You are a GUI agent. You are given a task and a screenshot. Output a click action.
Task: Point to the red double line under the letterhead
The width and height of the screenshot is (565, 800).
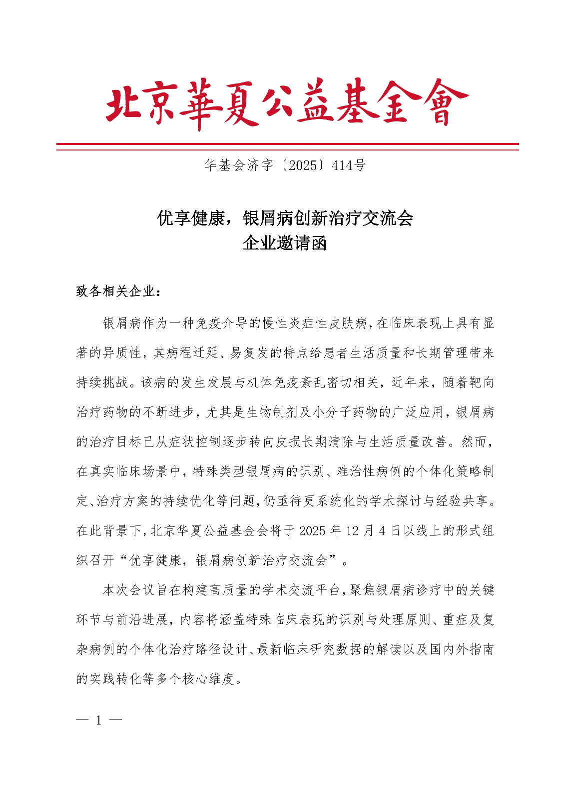[287, 146]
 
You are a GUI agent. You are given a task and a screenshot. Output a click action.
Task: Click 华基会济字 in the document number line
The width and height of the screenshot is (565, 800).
[238, 165]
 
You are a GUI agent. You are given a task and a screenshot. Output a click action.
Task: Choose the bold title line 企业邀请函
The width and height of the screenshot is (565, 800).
[285, 243]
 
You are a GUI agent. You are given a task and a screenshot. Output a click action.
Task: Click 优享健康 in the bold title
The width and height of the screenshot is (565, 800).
[191, 218]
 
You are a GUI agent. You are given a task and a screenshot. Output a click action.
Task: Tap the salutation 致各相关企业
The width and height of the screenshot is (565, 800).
[116, 291]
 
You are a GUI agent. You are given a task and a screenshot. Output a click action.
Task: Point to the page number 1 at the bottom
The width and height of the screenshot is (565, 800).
[99, 720]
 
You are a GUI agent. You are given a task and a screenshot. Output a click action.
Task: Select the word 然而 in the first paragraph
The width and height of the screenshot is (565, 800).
[475, 441]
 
